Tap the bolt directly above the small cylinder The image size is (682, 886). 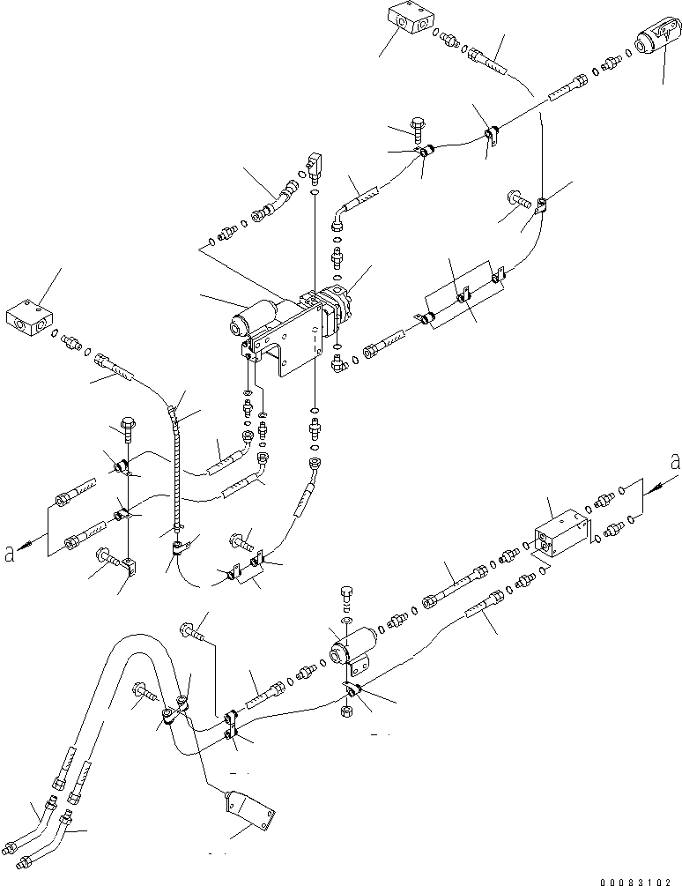pyautogui.click(x=347, y=597)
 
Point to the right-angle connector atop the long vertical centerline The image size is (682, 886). pyautogui.click(x=315, y=165)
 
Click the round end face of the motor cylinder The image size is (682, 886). pyautogui.click(x=236, y=328)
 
